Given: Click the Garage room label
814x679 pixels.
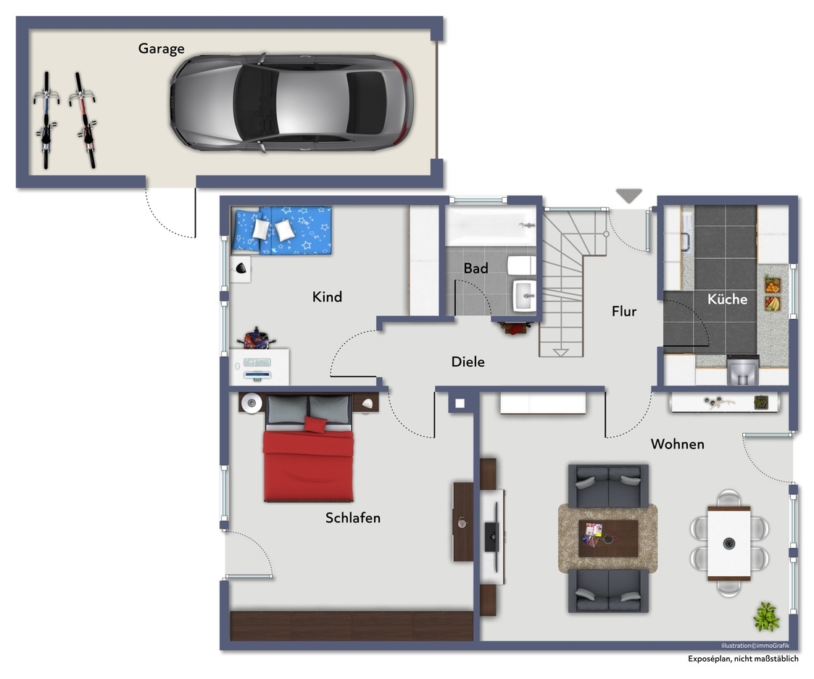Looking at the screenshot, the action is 161,49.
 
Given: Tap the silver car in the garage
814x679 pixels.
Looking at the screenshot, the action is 292,103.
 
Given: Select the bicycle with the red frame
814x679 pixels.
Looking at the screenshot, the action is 84,120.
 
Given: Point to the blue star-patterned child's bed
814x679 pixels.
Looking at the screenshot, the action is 282,230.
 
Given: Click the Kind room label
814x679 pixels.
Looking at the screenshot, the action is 327,297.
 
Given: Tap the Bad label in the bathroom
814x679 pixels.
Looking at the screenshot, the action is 476,268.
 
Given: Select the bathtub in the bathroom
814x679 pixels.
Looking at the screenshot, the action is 491,226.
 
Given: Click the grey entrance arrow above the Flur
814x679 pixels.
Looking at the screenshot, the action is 629,196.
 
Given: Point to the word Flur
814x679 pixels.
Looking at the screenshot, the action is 624,311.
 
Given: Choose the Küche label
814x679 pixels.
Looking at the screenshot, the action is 727,299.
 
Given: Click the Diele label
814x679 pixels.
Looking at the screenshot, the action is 468,362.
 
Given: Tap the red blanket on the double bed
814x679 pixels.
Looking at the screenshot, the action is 308,465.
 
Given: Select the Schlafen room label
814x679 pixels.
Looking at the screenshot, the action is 353,517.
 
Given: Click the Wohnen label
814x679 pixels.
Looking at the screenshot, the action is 678,444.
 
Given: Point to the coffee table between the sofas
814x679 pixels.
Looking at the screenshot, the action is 608,538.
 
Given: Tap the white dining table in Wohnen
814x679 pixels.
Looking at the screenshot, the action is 729,543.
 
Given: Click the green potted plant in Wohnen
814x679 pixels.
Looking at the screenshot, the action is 766,617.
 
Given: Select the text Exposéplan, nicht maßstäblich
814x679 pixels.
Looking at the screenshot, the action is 743,659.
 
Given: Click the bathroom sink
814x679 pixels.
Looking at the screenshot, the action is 524,296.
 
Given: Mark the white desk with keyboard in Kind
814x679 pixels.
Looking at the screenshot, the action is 259,367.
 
